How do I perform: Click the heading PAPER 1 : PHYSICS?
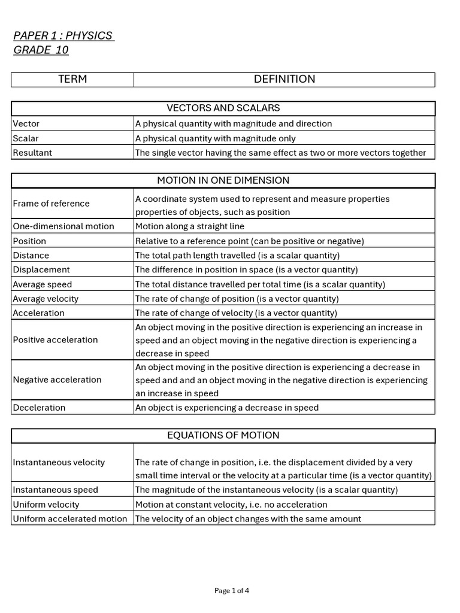click(x=63, y=36)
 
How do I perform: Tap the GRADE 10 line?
click(x=41, y=50)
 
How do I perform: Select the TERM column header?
click(x=72, y=80)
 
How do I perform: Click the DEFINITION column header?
click(x=285, y=80)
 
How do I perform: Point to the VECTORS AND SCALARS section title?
click(x=223, y=108)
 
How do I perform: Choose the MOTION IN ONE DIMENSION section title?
click(x=223, y=180)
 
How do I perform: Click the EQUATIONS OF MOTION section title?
click(x=223, y=435)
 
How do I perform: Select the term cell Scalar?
click(x=26, y=138)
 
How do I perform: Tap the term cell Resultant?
click(x=32, y=153)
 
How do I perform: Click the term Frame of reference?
click(x=51, y=204)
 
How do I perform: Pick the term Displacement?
click(x=41, y=270)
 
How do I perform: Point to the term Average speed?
click(x=42, y=284)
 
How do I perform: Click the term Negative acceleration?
click(x=57, y=380)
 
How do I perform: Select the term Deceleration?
click(x=39, y=408)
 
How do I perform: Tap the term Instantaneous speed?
click(x=55, y=490)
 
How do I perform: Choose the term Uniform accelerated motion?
click(x=70, y=518)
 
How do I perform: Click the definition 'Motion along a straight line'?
click(x=190, y=226)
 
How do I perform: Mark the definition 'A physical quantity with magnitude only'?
click(x=215, y=138)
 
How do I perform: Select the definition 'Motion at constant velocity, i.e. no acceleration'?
click(x=231, y=504)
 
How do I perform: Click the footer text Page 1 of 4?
click(x=232, y=590)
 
